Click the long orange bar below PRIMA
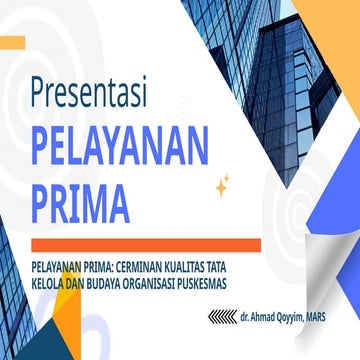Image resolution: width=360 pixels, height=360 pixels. pos(145,245)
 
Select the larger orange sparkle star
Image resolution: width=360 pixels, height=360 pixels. pos(221,187)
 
